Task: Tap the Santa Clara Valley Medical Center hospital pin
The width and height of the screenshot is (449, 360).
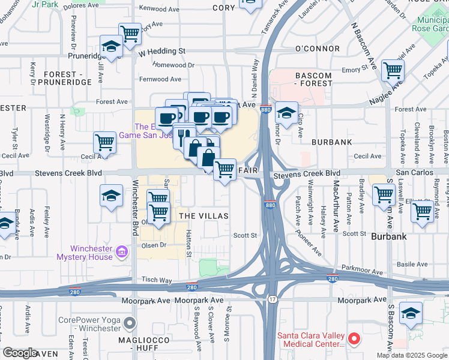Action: (354, 339)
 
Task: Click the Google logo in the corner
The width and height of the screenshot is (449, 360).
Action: (20, 353)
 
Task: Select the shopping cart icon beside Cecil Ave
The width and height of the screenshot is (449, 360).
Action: (104, 143)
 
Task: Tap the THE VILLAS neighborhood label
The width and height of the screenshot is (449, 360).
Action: (203, 215)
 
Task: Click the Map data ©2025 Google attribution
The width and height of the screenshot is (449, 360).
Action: (411, 355)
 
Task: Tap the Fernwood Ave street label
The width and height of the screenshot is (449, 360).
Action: (160, 79)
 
